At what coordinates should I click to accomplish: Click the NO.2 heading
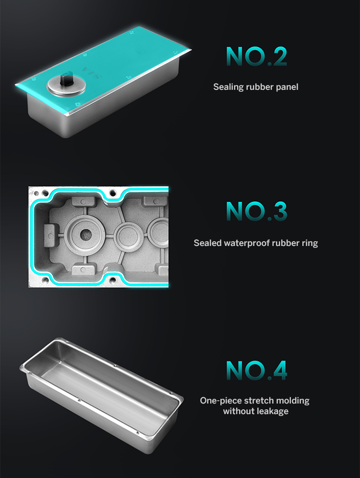click(256, 56)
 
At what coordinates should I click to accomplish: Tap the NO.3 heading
click(256, 211)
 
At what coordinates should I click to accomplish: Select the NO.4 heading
click(256, 370)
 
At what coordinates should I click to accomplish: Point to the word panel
click(287, 87)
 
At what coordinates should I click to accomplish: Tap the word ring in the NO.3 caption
click(310, 243)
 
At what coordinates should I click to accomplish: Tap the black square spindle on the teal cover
click(65, 79)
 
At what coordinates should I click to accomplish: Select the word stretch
click(259, 401)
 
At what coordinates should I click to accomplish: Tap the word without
click(238, 411)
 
